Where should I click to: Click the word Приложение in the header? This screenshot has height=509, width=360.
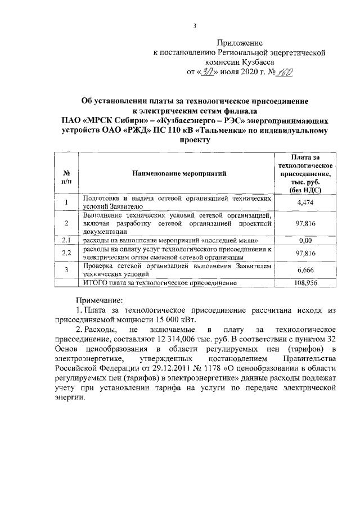coord(240,43)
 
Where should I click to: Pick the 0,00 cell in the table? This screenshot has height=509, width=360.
coord(304,241)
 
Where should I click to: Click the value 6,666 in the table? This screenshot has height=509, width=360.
coord(304,270)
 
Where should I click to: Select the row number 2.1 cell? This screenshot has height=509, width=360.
coord(66,241)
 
